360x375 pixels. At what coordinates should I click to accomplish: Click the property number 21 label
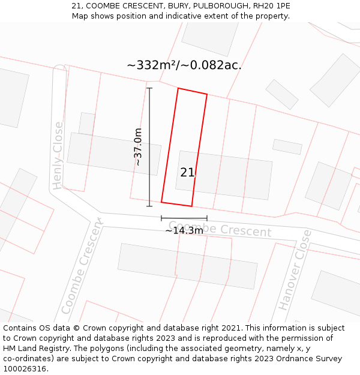[x=187, y=173]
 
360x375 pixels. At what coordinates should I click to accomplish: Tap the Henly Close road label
[x=58, y=155]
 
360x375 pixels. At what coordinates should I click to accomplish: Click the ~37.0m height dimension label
[x=139, y=147]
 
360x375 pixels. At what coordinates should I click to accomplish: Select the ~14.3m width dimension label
[x=184, y=230]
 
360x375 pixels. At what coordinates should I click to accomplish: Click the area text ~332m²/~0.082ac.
[x=184, y=65]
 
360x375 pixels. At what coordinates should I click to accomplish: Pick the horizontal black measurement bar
[x=184, y=218]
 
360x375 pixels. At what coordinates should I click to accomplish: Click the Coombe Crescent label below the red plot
[x=220, y=229]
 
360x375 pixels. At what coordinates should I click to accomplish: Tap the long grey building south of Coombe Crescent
[x=187, y=266]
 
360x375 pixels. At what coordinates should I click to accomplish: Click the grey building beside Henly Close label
[x=114, y=153]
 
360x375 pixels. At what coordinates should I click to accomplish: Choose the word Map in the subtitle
[x=80, y=16]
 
